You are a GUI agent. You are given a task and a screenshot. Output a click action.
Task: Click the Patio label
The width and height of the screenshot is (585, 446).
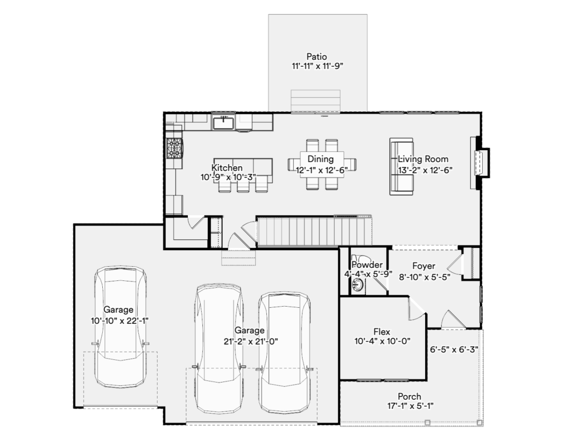pyautogui.click(x=316, y=57)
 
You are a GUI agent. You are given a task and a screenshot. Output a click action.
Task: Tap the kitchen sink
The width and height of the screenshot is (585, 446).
pyautogui.click(x=223, y=123)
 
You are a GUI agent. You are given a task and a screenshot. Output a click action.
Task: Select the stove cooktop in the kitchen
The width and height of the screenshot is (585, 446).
pyautogui.click(x=175, y=148)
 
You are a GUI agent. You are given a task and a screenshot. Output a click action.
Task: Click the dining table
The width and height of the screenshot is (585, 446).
pyautogui.click(x=322, y=164)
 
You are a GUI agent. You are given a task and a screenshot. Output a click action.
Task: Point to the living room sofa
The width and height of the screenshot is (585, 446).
pyautogui.click(x=401, y=166)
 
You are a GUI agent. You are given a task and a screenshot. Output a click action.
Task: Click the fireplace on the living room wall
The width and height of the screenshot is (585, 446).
pyautogui.click(x=480, y=163)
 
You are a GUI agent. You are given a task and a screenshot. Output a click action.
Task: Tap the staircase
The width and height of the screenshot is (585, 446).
pyautogui.click(x=314, y=231)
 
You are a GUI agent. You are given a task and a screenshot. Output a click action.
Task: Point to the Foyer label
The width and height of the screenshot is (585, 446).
pyautogui.click(x=424, y=266)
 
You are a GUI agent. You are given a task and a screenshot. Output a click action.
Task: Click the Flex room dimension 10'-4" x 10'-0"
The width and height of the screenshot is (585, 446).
pyautogui.click(x=382, y=341)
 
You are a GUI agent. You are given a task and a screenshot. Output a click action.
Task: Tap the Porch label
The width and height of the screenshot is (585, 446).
pyautogui.click(x=409, y=396)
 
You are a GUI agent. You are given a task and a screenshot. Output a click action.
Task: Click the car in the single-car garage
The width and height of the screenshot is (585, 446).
pyautogui.click(x=119, y=327)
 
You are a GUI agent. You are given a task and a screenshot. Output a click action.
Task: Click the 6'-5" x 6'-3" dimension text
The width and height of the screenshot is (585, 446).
pyautogui.click(x=454, y=350)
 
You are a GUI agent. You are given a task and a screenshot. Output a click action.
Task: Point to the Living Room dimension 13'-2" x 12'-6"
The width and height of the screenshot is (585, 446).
pyautogui.click(x=425, y=170)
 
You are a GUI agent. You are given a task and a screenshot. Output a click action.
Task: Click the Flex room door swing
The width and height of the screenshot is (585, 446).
pyautogui.click(x=417, y=309)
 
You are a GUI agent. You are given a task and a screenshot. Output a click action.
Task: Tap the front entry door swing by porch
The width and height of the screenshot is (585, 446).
pyautogui.click(x=453, y=320)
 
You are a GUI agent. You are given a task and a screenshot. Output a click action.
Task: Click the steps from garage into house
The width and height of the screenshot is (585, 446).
pyautogui.click(x=238, y=258)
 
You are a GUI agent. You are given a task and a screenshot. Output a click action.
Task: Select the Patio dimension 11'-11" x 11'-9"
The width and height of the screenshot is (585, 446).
pyautogui.click(x=317, y=66)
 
